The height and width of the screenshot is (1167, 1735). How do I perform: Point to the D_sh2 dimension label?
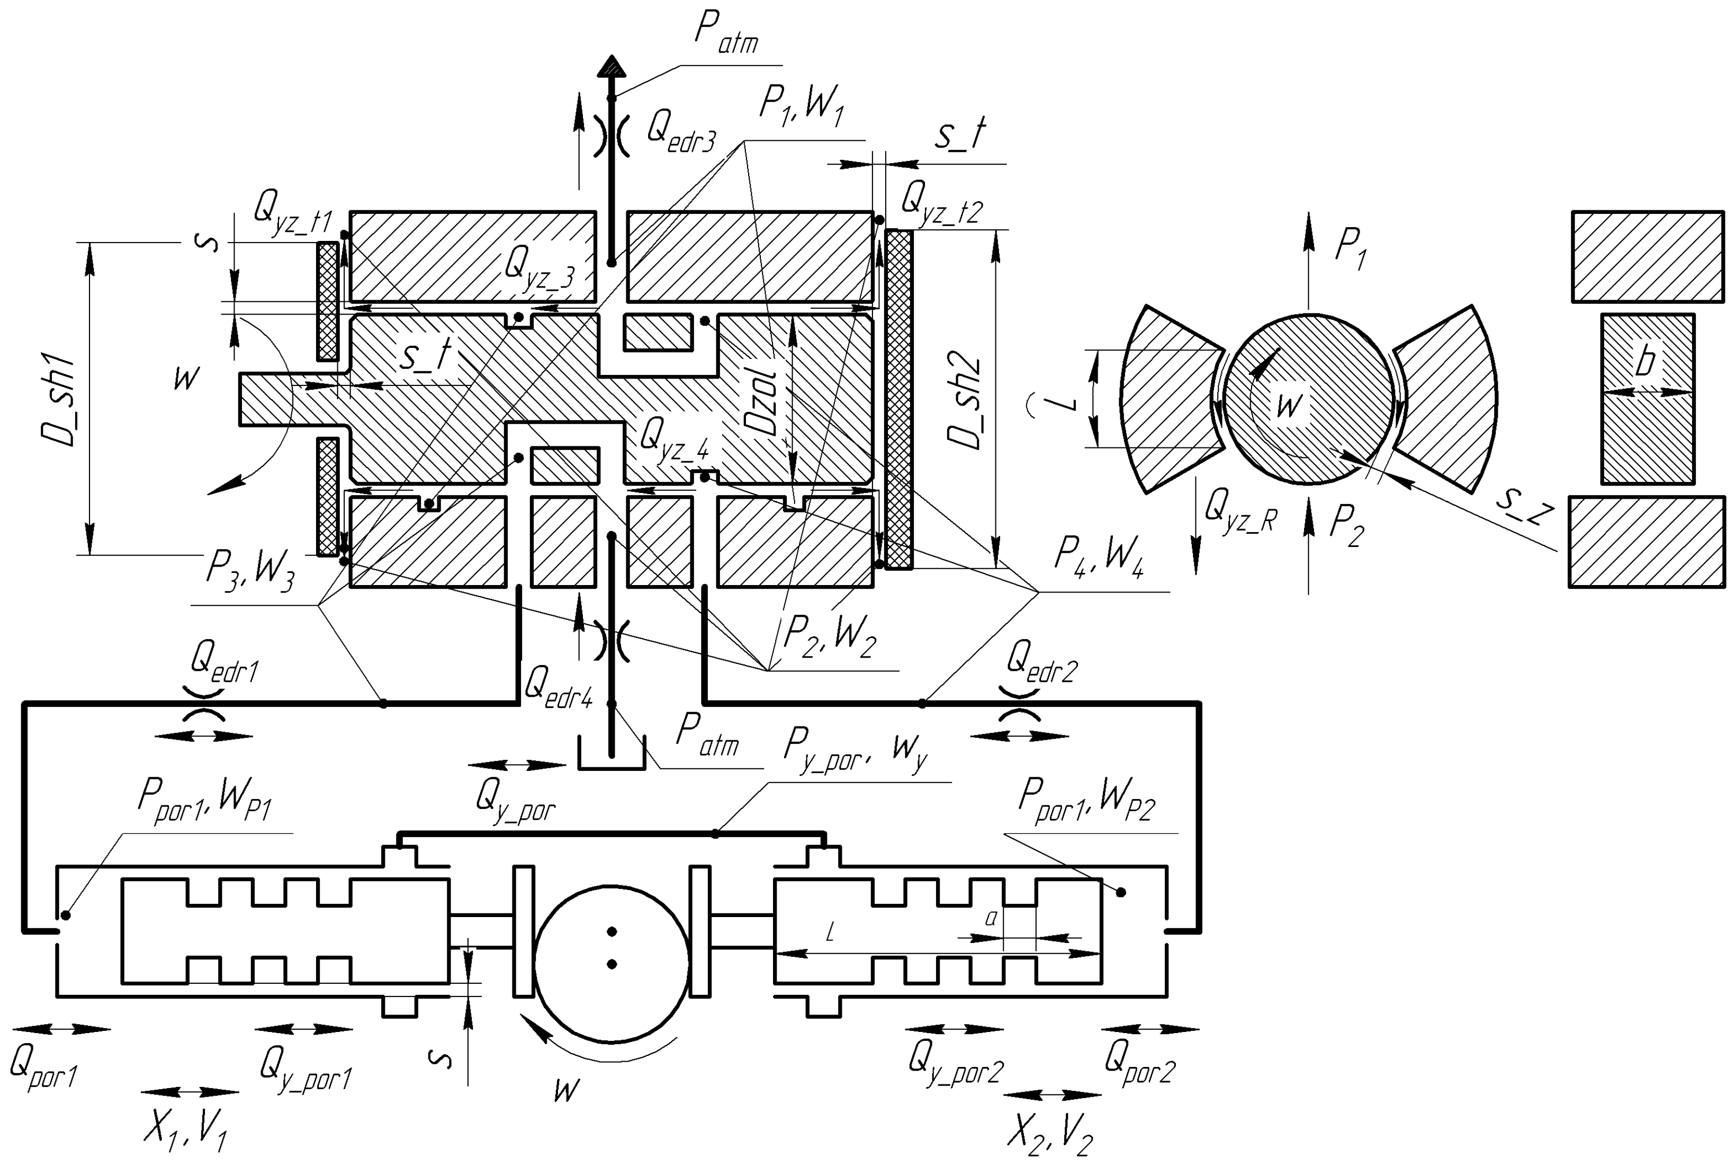click(965, 403)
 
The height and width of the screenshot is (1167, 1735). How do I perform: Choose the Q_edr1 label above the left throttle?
click(223, 660)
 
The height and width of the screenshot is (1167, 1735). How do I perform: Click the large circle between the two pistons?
click(611, 963)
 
